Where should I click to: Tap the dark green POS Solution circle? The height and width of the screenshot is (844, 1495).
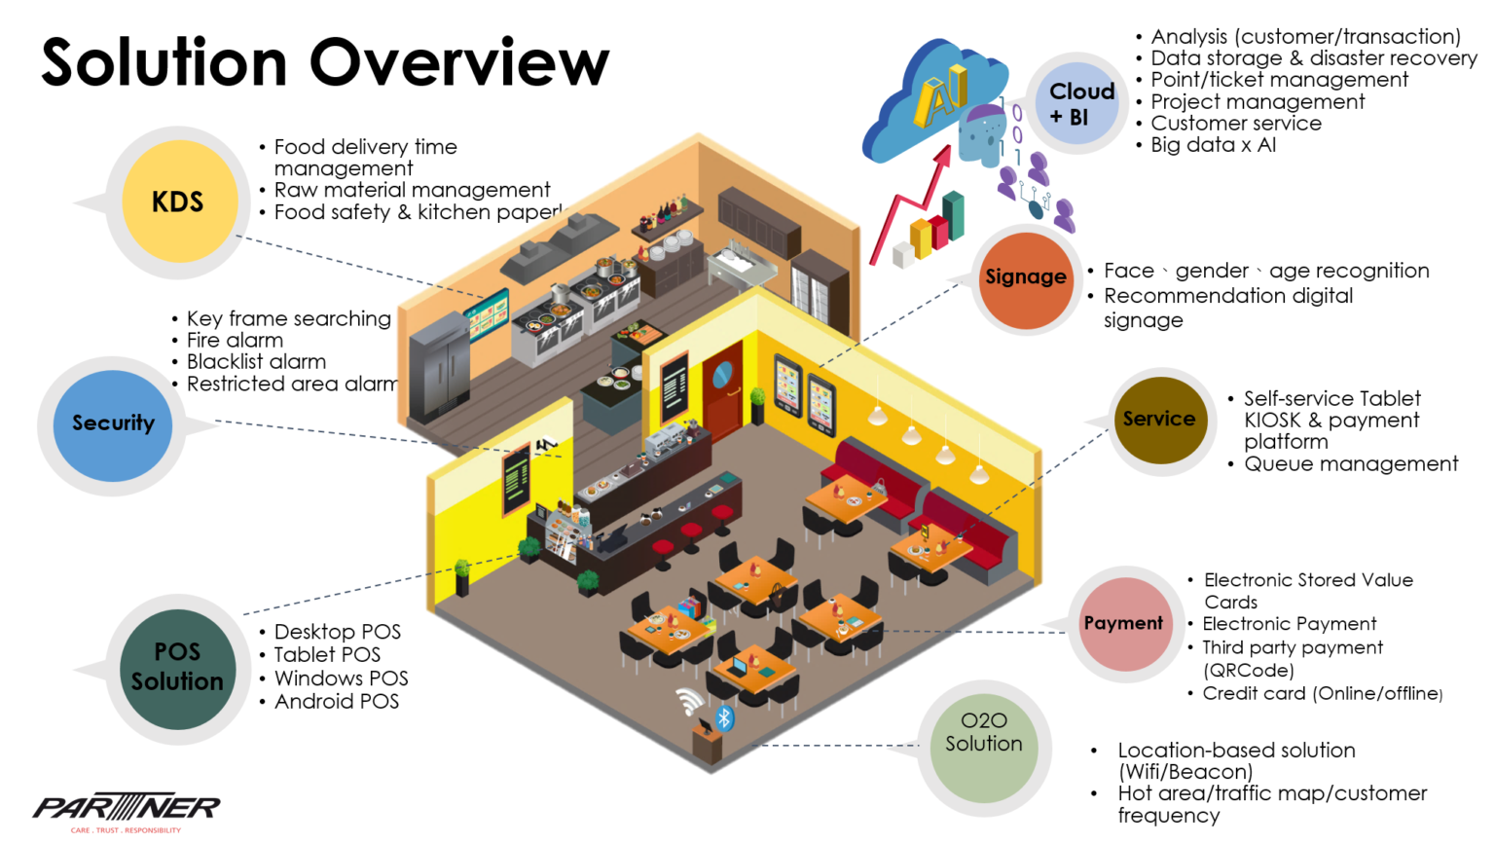click(x=177, y=668)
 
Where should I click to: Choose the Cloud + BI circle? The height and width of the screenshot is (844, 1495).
click(x=1078, y=104)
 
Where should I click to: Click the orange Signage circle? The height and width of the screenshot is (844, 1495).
click(x=1026, y=279)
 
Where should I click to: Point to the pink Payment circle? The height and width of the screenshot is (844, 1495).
click(x=1125, y=624)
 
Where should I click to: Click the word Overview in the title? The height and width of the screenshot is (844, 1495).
click(x=459, y=63)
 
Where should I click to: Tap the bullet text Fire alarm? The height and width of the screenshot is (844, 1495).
click(x=235, y=341)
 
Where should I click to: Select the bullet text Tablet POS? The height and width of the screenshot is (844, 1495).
click(x=327, y=655)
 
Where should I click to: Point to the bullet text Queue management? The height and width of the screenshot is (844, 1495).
click(x=1351, y=464)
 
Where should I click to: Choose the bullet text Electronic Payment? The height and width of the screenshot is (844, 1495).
click(x=1290, y=624)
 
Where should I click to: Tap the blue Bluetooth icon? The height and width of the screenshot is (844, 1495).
click(x=724, y=718)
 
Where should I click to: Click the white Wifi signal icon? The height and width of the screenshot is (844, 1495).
click(x=690, y=701)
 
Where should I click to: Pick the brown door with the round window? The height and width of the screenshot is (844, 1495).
click(x=723, y=387)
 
